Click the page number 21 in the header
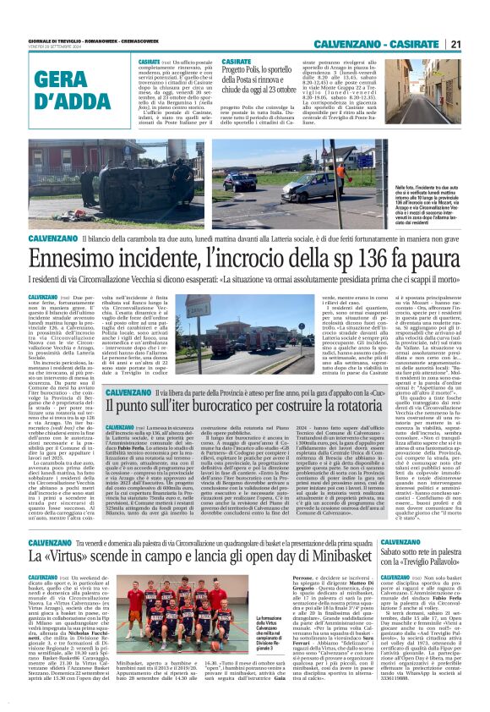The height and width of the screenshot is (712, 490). click(478, 44)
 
